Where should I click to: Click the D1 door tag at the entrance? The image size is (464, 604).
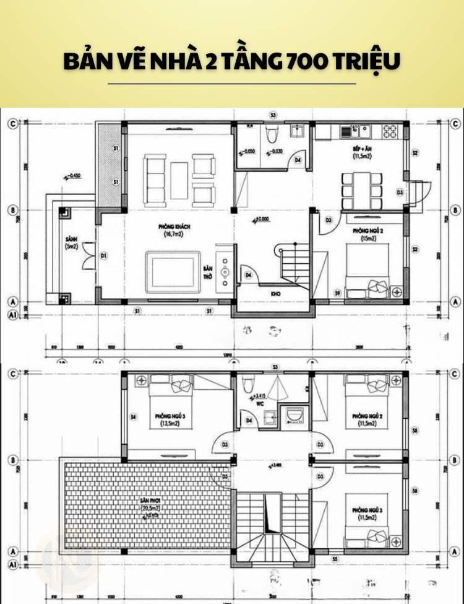104,255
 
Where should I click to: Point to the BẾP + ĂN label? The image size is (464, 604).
361,152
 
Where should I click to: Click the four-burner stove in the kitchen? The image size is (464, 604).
390,131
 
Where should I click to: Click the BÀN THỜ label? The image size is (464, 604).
208,273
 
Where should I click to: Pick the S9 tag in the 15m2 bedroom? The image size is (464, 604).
338,292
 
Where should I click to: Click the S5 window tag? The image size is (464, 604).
335,559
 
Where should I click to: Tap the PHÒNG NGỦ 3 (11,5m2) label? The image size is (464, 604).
366,512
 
